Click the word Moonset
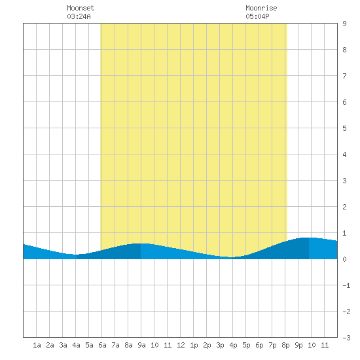tap(81, 8)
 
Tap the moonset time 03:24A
tap(79, 16)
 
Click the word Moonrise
tap(261, 8)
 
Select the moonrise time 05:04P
tap(257, 16)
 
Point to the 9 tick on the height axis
tap(344, 24)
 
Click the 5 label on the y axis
tap(344, 128)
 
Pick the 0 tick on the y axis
tap(344, 259)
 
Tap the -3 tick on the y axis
tap(346, 338)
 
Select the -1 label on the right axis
tap(346, 285)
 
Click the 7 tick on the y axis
tap(344, 76)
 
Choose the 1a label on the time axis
tap(37, 345)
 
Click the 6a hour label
tap(102, 345)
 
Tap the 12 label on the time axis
tap(181, 345)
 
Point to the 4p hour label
tap(233, 345)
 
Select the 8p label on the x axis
tap(285, 345)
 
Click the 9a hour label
tap(141, 345)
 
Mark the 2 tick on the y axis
tap(344, 207)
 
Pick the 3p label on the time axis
tap(220, 345)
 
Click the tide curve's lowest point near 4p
tap(232, 257)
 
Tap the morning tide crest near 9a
tap(141, 243)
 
